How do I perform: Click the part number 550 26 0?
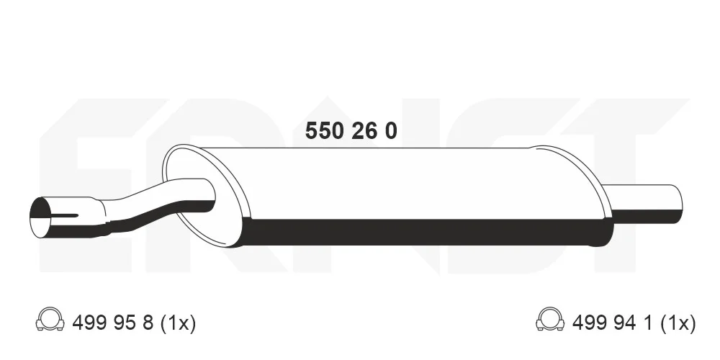pyautogui.click(x=351, y=131)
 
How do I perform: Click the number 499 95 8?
pyautogui.click(x=113, y=323)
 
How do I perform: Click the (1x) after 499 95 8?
pyautogui.click(x=178, y=323)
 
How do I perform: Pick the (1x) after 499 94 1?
pyautogui.click(x=678, y=323)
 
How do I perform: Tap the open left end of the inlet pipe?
pyautogui.click(x=40, y=217)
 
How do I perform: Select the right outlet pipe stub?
pyautogui.click(x=645, y=204)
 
